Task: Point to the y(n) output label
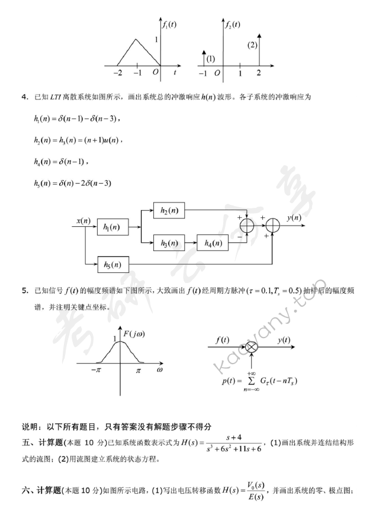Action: [x=293, y=217]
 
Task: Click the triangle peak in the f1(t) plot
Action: [x=137, y=40]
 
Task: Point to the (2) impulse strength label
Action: [x=253, y=45]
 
